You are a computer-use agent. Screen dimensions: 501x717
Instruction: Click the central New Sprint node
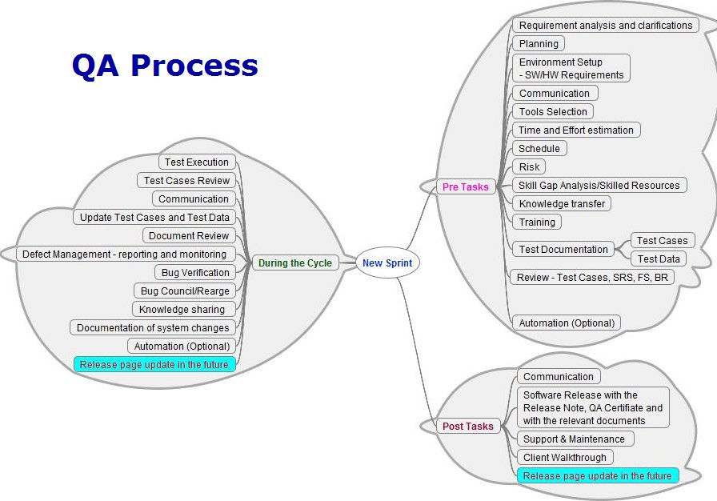(x=388, y=263)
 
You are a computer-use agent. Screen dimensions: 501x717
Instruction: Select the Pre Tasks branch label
(x=465, y=186)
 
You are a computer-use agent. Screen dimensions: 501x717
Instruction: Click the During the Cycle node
(x=294, y=263)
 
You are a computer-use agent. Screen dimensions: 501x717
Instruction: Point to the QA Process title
(x=165, y=65)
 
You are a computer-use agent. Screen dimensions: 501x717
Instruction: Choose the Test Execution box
(x=197, y=162)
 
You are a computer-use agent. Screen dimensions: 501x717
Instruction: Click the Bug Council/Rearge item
(x=185, y=291)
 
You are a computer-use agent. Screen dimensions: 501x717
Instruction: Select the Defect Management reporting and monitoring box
(x=124, y=254)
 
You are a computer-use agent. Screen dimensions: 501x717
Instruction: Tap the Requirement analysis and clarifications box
(x=605, y=25)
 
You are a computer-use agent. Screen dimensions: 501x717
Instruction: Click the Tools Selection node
(x=553, y=111)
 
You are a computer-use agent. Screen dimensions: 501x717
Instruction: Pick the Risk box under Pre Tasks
(x=529, y=166)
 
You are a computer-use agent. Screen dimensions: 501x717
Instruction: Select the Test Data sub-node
(x=659, y=259)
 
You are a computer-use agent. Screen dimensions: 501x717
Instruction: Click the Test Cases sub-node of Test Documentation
(x=662, y=240)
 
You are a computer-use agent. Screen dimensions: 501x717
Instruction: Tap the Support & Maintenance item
(x=574, y=439)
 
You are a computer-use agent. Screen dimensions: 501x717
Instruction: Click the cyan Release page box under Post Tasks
(x=597, y=475)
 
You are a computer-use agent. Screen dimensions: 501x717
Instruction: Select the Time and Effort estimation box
(x=576, y=130)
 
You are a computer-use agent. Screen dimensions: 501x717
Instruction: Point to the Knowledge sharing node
(x=183, y=309)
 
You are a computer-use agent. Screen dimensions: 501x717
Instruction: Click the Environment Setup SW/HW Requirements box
(x=571, y=68)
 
